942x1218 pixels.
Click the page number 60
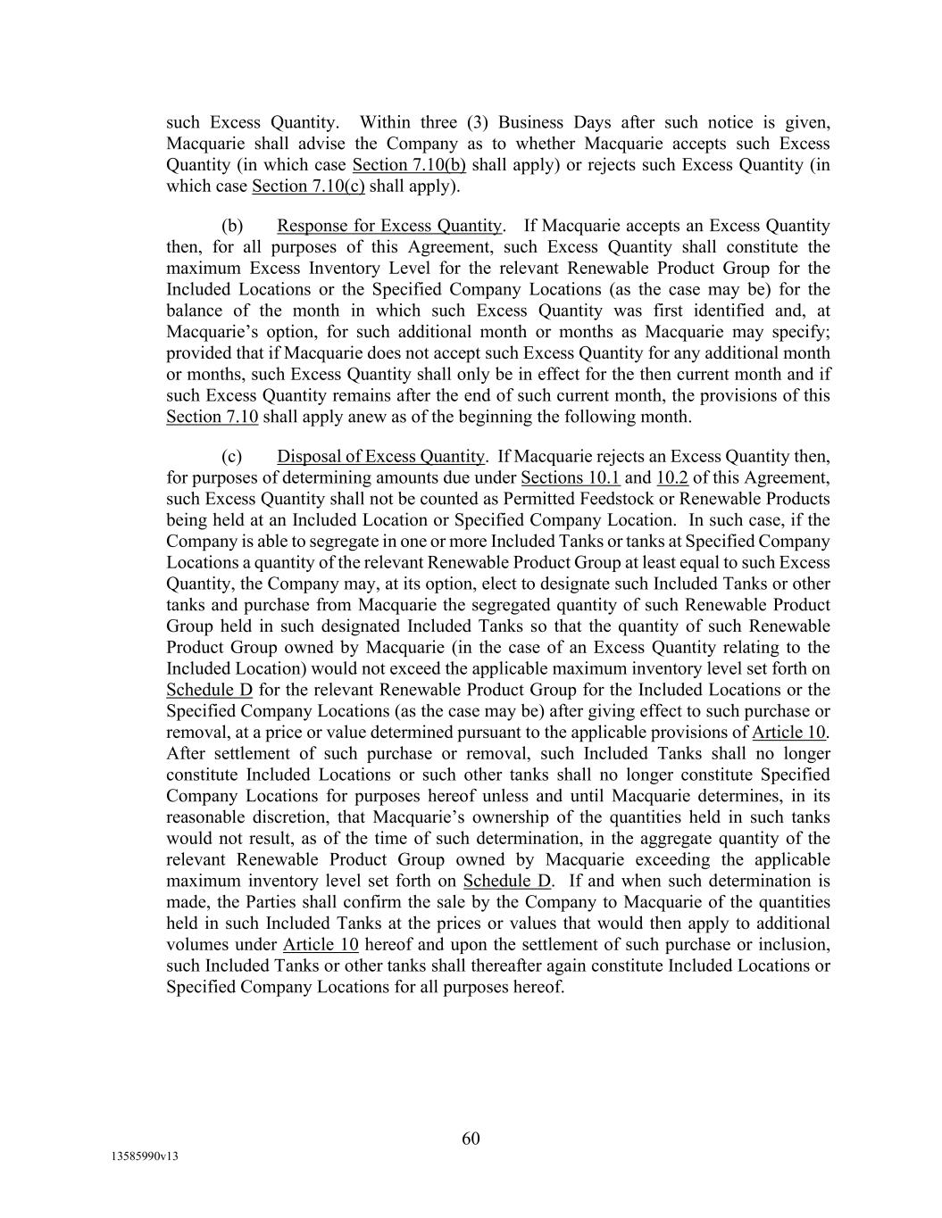point(471,1138)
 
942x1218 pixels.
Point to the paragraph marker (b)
point(232,226)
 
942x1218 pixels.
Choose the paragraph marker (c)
point(231,457)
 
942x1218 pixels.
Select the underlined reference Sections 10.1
point(570,478)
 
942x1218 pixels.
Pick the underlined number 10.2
point(671,478)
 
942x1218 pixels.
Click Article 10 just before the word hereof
point(321,945)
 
